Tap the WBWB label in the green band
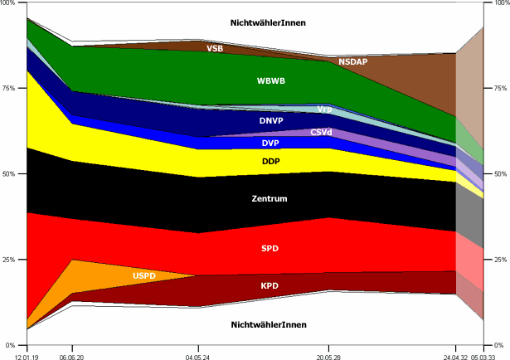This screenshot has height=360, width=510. pos(270,81)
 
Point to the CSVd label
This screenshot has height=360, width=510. pos(322,133)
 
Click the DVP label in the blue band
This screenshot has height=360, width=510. pos(270,143)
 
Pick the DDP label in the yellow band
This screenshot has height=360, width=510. pos(270,161)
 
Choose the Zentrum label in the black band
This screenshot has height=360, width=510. pos(270,199)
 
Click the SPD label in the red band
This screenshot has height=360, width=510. pos(270,248)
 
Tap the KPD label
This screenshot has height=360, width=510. pos(270,285)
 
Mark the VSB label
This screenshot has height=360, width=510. pos(214,49)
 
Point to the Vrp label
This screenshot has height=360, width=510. pos(324,109)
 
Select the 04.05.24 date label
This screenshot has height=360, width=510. pos(197,354)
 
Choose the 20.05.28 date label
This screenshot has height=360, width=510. pos(329,354)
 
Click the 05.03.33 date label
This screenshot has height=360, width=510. pos(485,354)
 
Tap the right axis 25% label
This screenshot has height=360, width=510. pos(499,260)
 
